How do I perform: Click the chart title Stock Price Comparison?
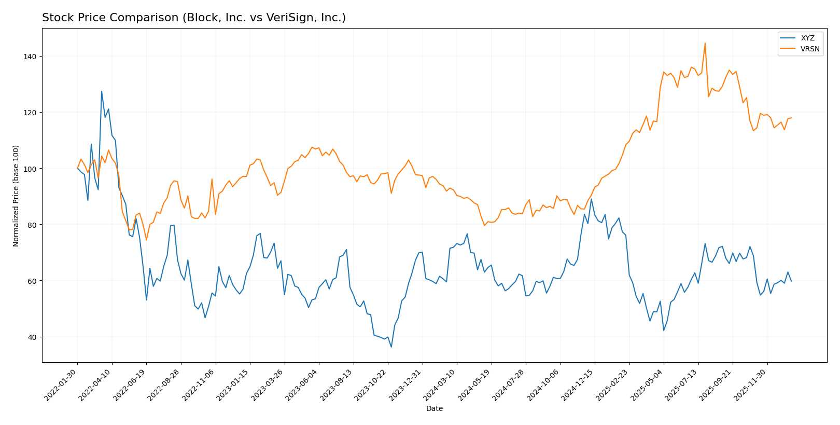193,18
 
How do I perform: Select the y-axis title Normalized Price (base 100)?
16,196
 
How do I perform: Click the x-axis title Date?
434,409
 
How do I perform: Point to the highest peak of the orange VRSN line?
705,43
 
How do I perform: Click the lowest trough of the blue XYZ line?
391,347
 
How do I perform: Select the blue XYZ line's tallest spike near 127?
102,91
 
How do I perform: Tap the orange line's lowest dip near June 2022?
146,240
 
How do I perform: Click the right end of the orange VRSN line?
791,118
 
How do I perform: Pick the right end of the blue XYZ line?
791,281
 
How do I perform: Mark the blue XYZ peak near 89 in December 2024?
591,199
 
